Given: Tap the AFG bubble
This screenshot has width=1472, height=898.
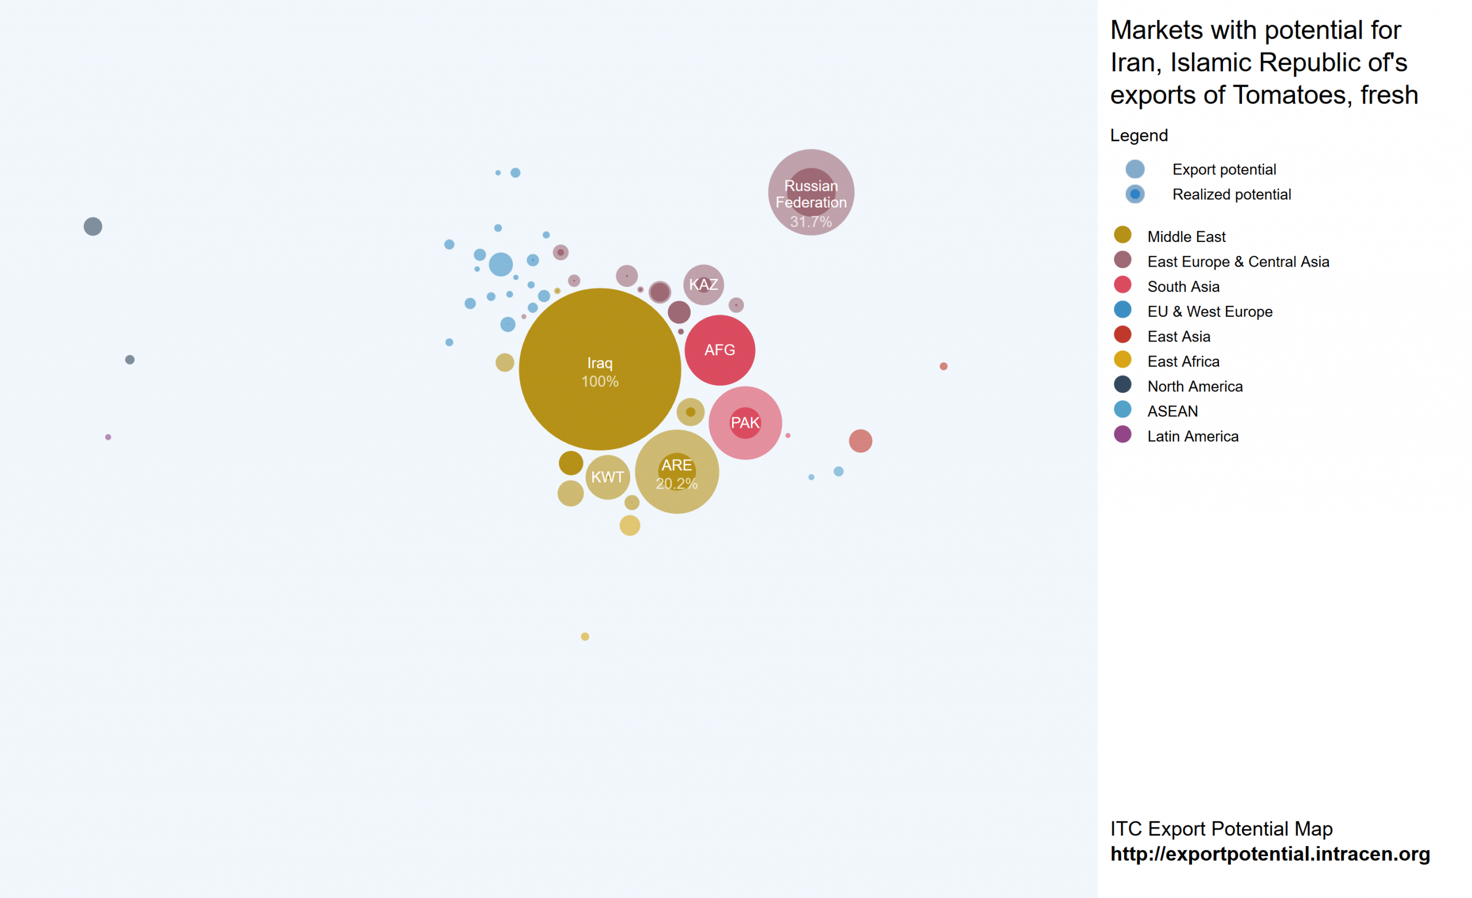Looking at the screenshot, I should [719, 350].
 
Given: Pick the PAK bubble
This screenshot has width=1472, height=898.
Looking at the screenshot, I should [745, 423].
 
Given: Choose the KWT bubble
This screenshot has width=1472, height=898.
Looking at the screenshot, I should [608, 477].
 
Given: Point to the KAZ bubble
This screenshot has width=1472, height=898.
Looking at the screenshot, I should [703, 285].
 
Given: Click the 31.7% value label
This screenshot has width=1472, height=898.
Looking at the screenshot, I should [811, 222].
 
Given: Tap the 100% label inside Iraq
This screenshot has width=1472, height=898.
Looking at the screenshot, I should [600, 382].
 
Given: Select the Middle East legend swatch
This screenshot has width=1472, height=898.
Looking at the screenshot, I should [1122, 235].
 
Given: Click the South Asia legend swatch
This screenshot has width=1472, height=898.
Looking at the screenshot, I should [1122, 285].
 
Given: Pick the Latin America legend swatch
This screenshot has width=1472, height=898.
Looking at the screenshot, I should [1122, 435].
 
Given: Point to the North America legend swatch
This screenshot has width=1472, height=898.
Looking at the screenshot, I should [1122, 384].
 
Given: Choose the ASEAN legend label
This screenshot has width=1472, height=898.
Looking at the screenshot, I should [1172, 411].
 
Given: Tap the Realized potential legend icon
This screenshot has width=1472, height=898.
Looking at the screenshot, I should [1134, 194].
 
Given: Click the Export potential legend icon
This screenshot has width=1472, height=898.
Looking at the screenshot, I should [1134, 169].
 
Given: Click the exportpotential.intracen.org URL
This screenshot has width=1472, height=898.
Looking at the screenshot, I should [1270, 854].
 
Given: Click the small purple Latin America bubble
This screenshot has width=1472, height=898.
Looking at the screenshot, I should [108, 438].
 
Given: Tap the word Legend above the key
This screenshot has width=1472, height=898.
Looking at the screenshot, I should [1138, 136].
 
